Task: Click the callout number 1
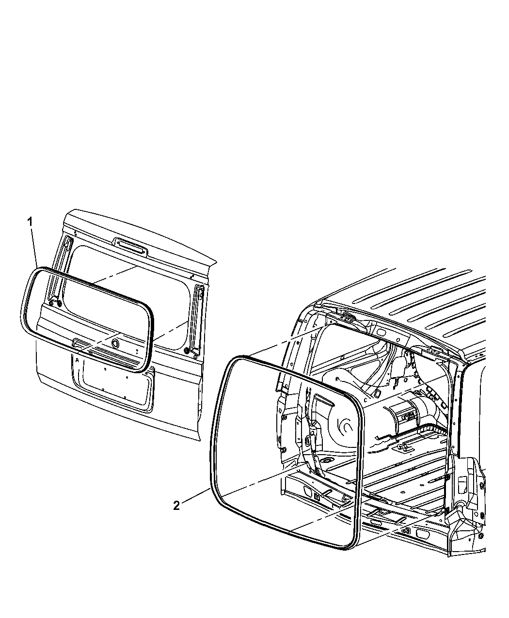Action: tap(30, 222)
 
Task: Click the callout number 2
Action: tap(176, 505)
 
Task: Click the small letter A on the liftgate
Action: tap(77, 360)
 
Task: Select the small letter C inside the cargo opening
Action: tap(366, 400)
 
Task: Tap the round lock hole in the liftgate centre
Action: tap(114, 343)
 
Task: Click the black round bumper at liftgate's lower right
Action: tap(187, 351)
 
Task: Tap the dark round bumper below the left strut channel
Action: tap(59, 303)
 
